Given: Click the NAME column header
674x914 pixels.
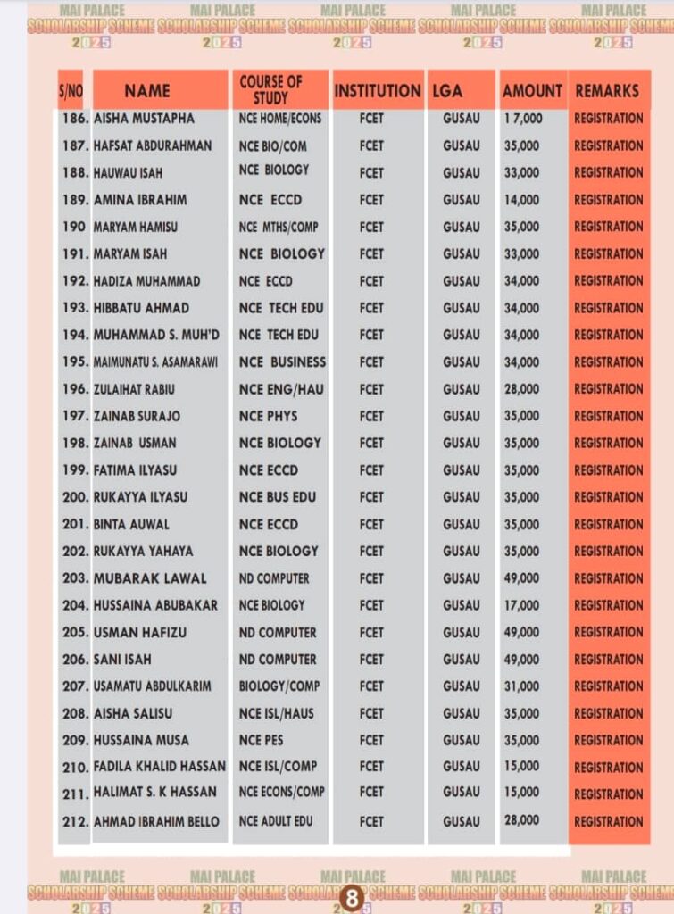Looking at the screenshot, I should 146,90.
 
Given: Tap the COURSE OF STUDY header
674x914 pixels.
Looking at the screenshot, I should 270,89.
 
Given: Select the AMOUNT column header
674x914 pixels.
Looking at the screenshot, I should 532,90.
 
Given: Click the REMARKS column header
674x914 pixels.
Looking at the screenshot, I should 607,90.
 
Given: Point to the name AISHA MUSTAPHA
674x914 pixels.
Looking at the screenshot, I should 143,118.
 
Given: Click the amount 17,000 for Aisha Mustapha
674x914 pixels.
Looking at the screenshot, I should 522,118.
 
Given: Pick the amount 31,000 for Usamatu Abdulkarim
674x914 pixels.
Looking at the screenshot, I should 522,686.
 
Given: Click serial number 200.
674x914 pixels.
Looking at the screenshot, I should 75,497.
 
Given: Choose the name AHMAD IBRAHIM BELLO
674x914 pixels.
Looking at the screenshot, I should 156,821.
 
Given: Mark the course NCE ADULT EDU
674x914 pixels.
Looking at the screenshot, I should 276,820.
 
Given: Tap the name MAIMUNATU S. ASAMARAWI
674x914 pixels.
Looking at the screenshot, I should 156,362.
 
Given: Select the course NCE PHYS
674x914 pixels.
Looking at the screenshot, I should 268,416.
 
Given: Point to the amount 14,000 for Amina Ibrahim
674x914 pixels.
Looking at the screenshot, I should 522,200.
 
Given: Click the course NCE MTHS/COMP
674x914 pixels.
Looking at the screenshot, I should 278,227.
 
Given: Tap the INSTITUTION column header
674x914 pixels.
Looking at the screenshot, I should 378,90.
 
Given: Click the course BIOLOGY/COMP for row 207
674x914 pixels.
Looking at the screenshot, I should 279,686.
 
